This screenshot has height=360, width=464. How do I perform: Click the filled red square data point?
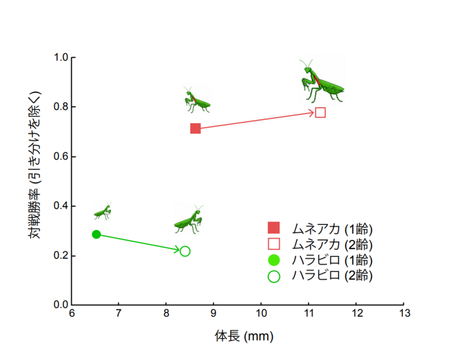point(195,128)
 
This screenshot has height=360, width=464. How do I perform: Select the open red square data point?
point(320,112)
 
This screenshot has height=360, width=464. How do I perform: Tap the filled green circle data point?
point(96,234)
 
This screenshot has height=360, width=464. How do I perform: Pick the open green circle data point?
point(185,251)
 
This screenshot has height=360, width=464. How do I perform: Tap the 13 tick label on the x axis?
point(403,314)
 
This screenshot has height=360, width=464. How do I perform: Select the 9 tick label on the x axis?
point(213,314)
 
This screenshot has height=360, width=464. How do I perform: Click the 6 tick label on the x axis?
point(71,314)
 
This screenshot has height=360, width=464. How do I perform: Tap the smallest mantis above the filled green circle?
point(103,211)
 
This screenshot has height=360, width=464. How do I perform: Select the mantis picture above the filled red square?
point(196,100)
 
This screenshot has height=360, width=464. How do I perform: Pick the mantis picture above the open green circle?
point(189,219)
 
